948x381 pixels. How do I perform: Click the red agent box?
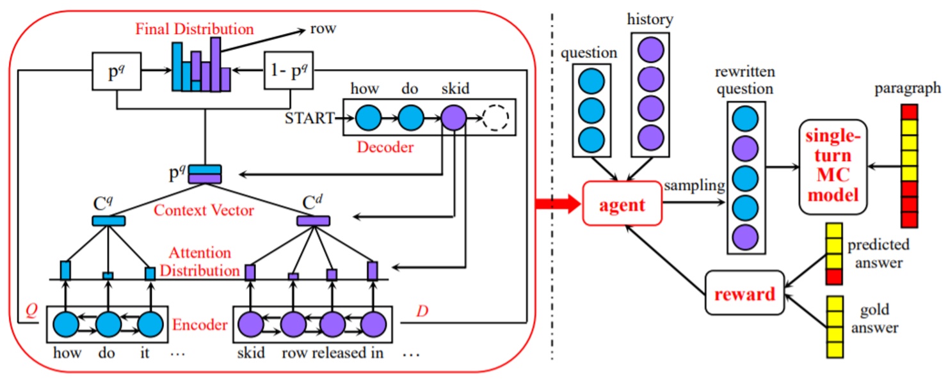(x=621, y=203)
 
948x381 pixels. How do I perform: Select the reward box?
(x=744, y=293)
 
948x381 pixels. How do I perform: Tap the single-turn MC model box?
(x=833, y=166)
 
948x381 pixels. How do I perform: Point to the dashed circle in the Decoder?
(x=495, y=118)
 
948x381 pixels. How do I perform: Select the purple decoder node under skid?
(x=453, y=118)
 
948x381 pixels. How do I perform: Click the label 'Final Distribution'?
(x=194, y=29)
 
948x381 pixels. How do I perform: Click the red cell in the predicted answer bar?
(x=833, y=277)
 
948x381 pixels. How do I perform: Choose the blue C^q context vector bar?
(x=108, y=221)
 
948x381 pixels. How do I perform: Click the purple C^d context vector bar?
(x=313, y=221)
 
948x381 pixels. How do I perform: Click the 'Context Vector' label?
(x=204, y=209)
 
